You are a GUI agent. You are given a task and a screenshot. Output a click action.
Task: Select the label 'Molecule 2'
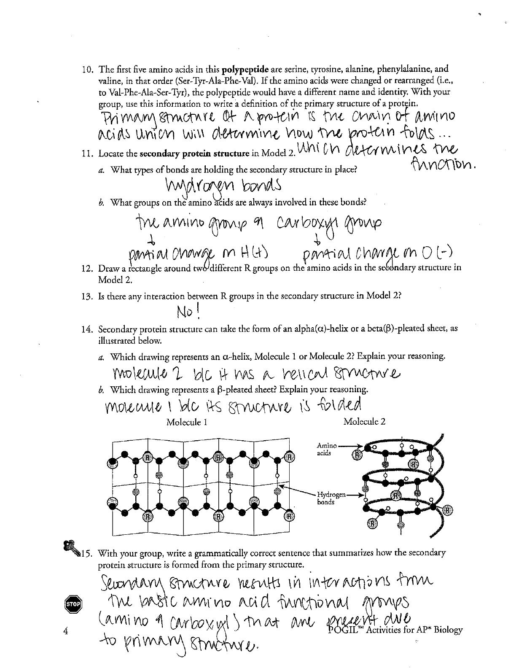point(364,421)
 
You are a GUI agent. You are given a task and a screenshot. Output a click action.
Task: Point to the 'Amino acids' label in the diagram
point(327,449)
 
